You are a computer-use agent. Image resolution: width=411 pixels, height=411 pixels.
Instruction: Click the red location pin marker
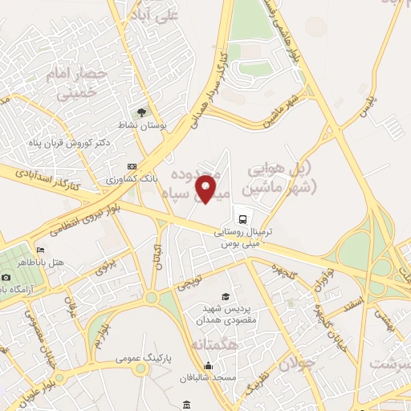pyautogui.click(x=207, y=189)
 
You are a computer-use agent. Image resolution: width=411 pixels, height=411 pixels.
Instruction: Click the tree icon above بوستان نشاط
pyautogui.click(x=142, y=112)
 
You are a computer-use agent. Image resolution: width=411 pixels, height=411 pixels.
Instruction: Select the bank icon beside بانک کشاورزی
pyautogui.click(x=132, y=167)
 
